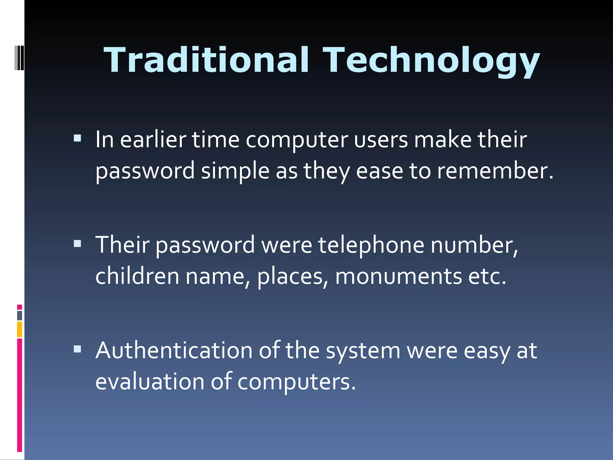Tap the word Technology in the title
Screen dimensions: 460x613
pyautogui.click(x=431, y=61)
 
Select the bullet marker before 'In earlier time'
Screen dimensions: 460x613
pyautogui.click(x=77, y=138)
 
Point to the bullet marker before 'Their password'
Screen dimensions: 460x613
pyautogui.click(x=77, y=243)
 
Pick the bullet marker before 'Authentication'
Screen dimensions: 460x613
pyautogui.click(x=77, y=349)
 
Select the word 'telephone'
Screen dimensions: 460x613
pyautogui.click(x=371, y=245)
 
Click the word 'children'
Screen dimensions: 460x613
pyautogui.click(x=137, y=276)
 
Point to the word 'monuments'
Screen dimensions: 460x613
pyautogui.click(x=398, y=276)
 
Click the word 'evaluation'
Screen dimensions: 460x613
pyautogui.click(x=150, y=382)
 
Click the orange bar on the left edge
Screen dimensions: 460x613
pyautogui.click(x=19, y=329)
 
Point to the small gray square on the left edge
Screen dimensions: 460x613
pyautogui.click(x=19, y=316)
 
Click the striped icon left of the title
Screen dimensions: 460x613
pyautogui.click(x=19, y=57)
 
